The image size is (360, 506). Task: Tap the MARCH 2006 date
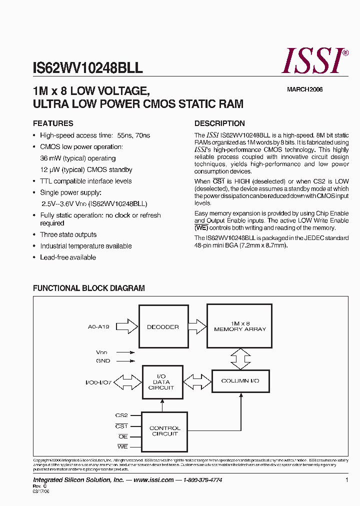click(304, 89)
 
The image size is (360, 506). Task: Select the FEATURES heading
click(53, 123)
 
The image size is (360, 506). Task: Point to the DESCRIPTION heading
click(219, 123)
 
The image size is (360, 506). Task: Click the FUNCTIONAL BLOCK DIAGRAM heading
click(89, 288)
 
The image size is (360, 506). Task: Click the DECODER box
click(163, 327)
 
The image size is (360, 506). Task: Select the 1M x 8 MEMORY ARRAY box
click(240, 326)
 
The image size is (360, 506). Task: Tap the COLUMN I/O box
click(240, 381)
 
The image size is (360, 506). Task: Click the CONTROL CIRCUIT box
click(165, 431)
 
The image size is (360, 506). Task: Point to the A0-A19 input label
click(98, 327)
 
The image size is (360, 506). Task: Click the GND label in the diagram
click(103, 361)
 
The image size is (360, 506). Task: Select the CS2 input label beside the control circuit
click(121, 415)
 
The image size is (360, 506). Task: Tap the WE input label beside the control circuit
click(122, 446)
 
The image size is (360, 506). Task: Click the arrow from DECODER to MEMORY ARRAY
click(197, 326)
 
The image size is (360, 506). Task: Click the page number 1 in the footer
click(346, 480)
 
